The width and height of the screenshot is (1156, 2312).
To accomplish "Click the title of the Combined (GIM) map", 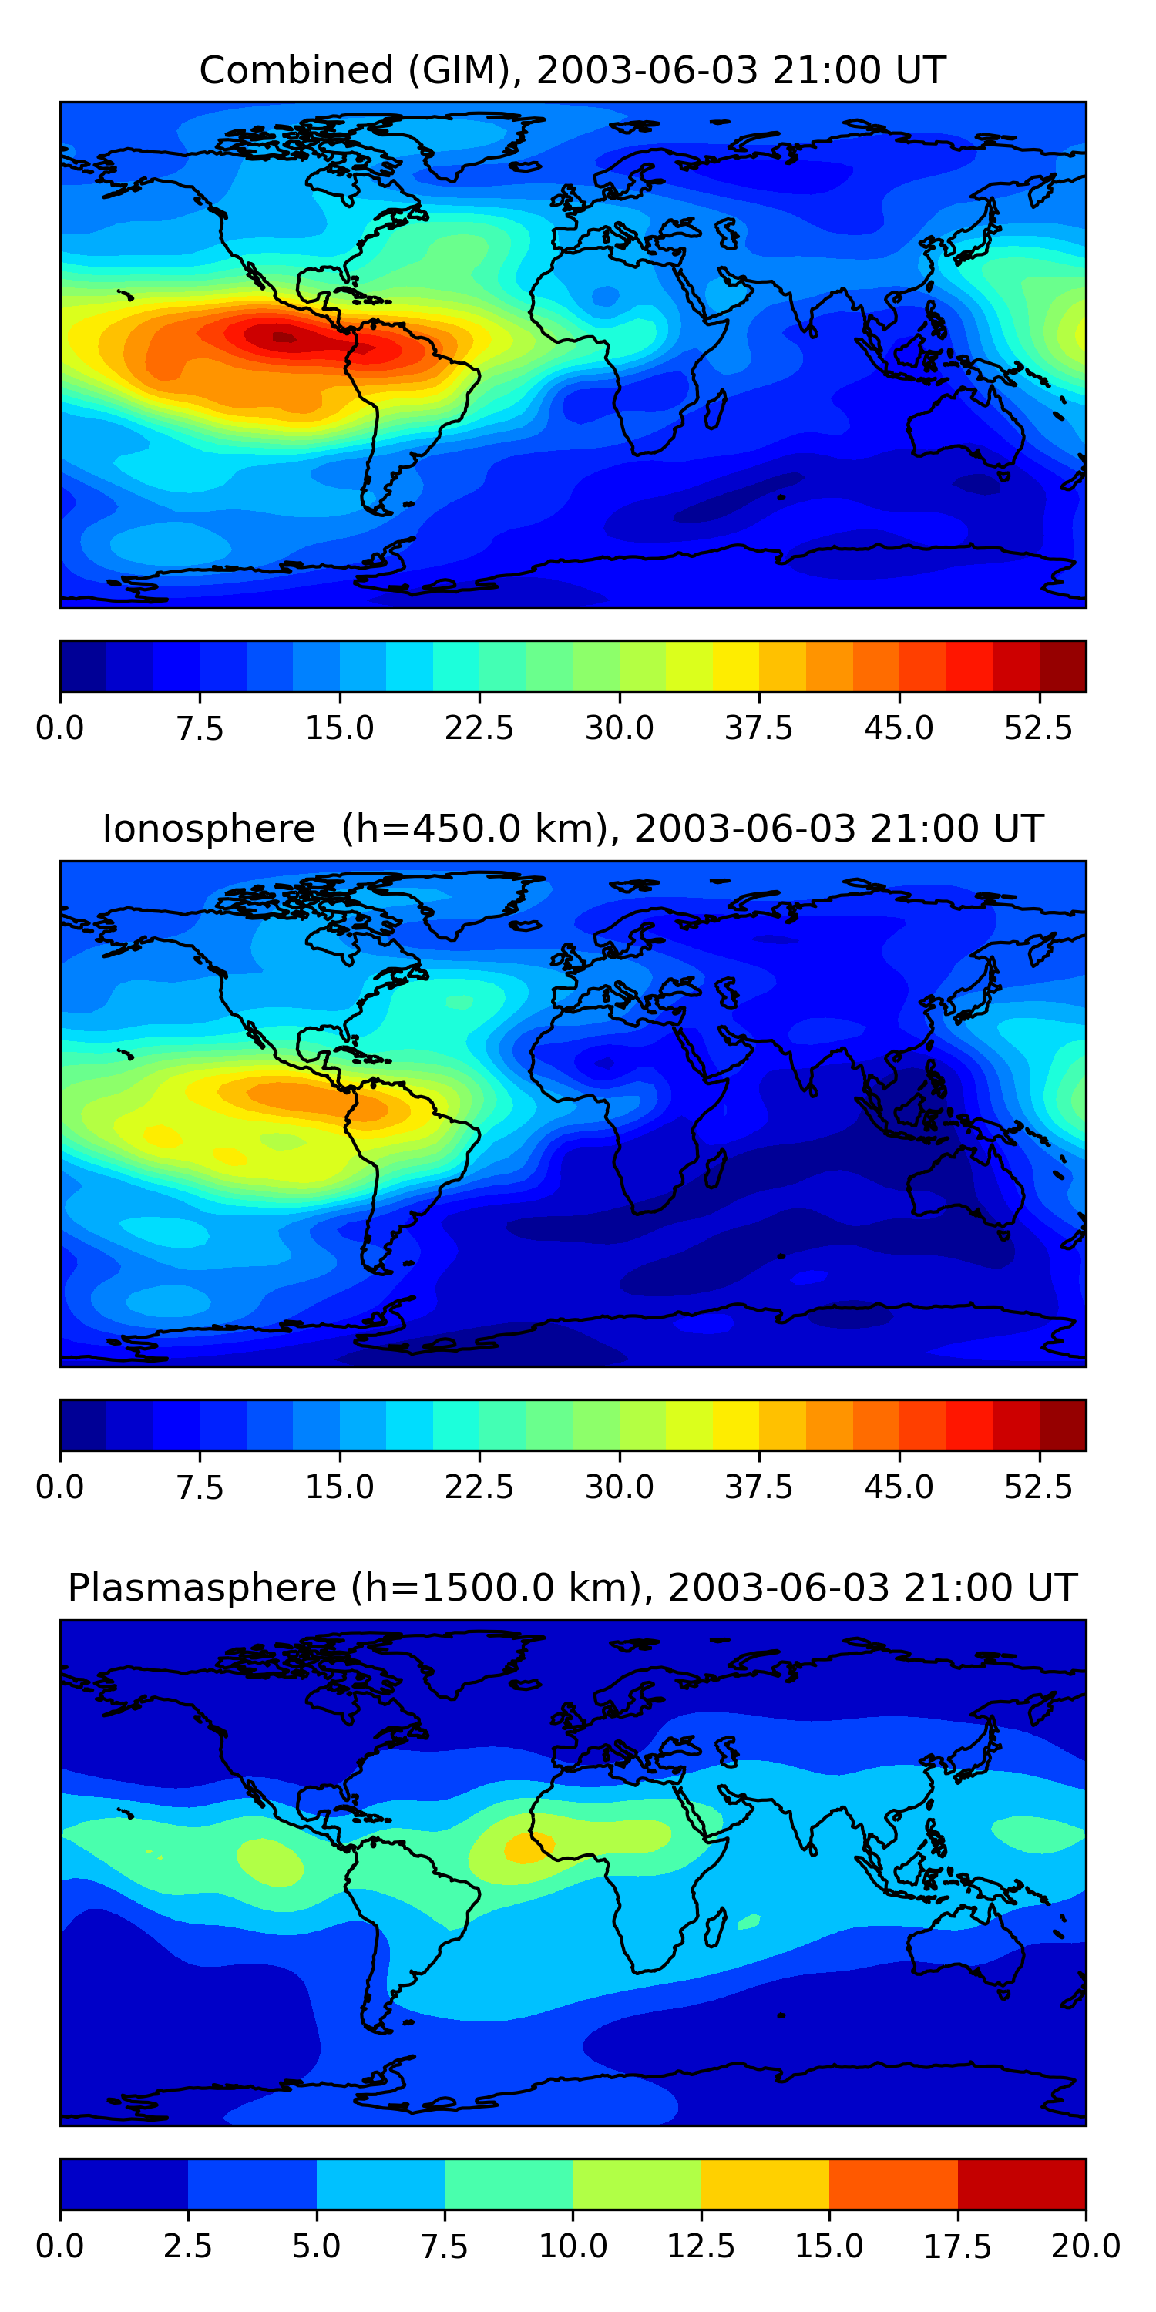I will tap(573, 70).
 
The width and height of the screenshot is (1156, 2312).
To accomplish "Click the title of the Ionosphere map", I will tap(573, 828).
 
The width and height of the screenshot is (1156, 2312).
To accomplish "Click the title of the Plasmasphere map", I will tap(573, 1587).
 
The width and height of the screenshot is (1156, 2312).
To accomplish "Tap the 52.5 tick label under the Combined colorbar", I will tap(1038, 728).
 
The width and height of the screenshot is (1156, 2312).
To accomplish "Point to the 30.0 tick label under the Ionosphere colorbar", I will tap(620, 1487).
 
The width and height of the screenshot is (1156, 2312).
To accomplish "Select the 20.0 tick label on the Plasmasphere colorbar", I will tap(1085, 2246).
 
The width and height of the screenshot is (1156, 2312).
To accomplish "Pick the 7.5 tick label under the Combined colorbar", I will tap(200, 728).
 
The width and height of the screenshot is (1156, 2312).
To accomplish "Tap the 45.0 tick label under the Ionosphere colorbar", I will tap(899, 1487).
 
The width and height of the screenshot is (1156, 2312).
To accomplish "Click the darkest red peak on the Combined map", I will tap(284, 338).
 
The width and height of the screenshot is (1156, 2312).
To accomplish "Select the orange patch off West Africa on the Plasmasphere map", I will tap(528, 1847).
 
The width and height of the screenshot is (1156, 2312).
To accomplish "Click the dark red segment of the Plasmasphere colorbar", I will tap(1021, 2183).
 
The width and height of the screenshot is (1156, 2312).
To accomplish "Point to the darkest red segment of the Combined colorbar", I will tap(1063, 666).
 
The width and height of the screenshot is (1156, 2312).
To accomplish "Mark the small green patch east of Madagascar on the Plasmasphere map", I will tap(748, 1921).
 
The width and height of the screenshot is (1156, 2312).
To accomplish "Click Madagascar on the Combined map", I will tap(714, 408).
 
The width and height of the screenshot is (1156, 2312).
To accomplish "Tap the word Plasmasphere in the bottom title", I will tap(202, 1587).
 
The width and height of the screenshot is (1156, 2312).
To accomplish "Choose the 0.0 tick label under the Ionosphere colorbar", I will tap(60, 1487).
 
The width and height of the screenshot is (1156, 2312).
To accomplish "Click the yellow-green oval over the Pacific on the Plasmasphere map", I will tap(269, 1860).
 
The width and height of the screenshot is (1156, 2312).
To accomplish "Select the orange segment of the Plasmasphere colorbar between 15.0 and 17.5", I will tap(893, 2183).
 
